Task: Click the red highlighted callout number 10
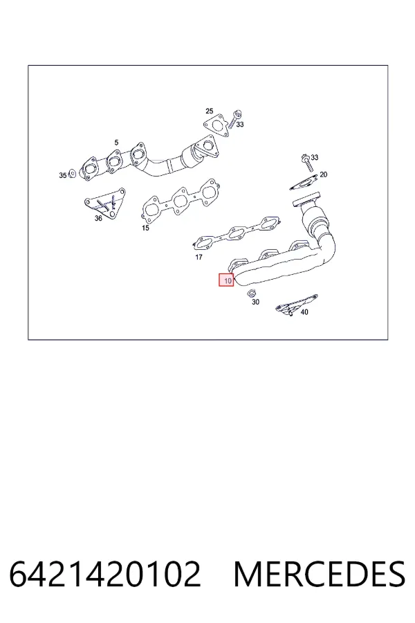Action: click(226, 280)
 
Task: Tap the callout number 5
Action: click(116, 142)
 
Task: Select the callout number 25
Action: click(210, 111)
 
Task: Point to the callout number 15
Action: click(145, 228)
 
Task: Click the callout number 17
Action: click(199, 257)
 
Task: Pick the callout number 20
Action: click(323, 174)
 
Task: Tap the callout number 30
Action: click(255, 302)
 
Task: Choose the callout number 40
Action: click(304, 312)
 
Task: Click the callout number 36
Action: click(98, 218)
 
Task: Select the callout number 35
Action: click(63, 175)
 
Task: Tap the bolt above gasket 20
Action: click(307, 163)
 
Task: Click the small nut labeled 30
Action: click(251, 294)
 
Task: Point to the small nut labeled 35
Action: click(72, 174)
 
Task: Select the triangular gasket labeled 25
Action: click(216, 125)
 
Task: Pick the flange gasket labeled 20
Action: click(304, 183)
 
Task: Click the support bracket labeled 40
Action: click(296, 305)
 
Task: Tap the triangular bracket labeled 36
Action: click(105, 204)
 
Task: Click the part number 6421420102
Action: click(105, 574)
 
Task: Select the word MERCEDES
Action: click(320, 574)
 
